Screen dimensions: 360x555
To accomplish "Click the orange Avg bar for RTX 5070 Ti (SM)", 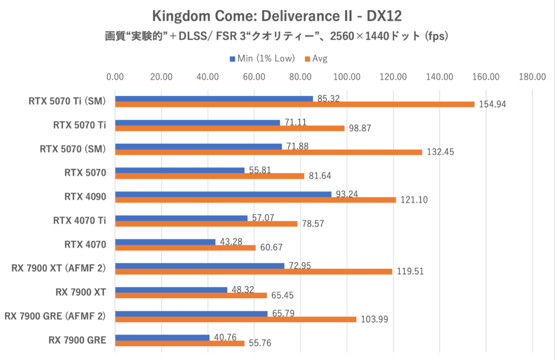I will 295,104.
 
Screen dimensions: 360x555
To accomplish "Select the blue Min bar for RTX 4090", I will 223,194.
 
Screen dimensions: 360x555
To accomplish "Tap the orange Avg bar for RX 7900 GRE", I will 179,343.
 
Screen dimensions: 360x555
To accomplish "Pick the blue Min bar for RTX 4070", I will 165,242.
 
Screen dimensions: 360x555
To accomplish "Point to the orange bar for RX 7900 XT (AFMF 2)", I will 253,272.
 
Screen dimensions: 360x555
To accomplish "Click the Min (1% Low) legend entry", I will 262,59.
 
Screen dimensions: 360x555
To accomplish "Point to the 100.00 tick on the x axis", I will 347,77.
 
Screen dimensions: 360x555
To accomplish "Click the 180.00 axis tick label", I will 532,77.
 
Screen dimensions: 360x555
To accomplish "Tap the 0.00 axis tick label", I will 115,77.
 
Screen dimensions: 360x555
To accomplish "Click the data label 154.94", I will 492,105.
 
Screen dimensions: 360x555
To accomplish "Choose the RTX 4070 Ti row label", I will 79,220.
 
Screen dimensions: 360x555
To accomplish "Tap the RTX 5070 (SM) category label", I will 73,149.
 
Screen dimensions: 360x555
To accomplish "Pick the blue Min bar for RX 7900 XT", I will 171,290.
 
